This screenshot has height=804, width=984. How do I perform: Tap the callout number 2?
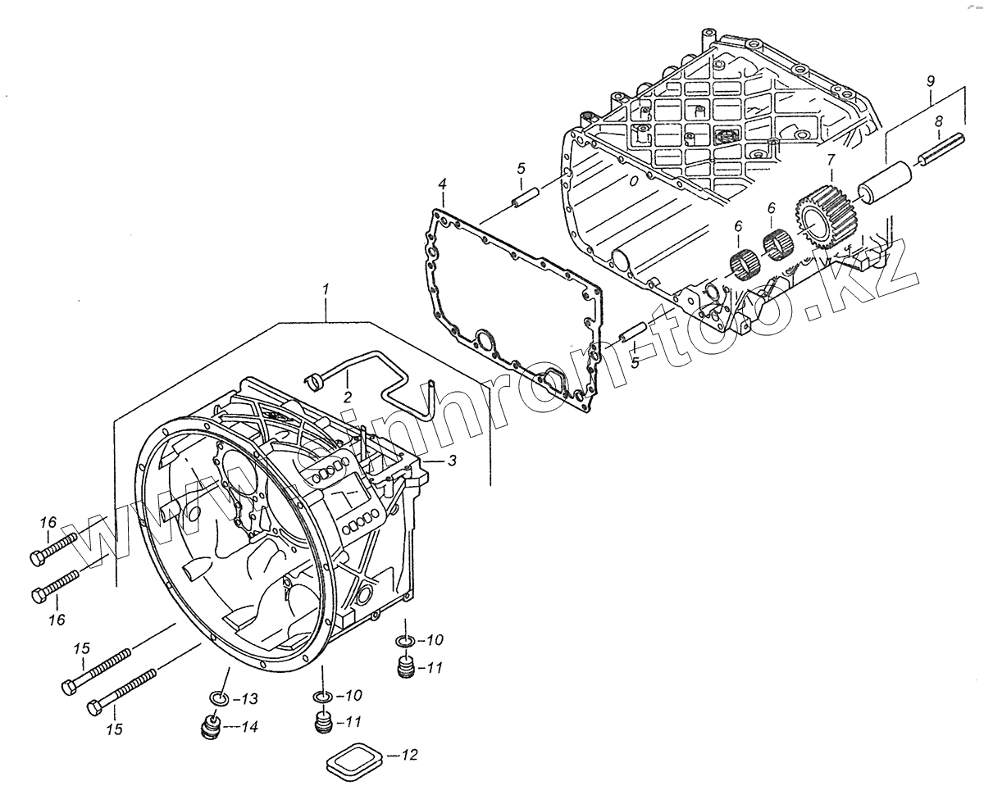pos(348,397)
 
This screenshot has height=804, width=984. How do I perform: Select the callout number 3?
pos(452,461)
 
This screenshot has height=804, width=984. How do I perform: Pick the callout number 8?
pos(939,121)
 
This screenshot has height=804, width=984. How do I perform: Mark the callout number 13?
pos(250,699)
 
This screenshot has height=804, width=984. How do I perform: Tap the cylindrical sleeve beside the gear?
pos(885,181)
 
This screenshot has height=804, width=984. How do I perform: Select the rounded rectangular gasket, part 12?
pos(354,761)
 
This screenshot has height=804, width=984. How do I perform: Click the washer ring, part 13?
pos(217,698)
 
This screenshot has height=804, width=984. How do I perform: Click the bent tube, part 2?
pos(385,370)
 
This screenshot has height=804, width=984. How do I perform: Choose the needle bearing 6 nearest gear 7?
pos(778,244)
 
